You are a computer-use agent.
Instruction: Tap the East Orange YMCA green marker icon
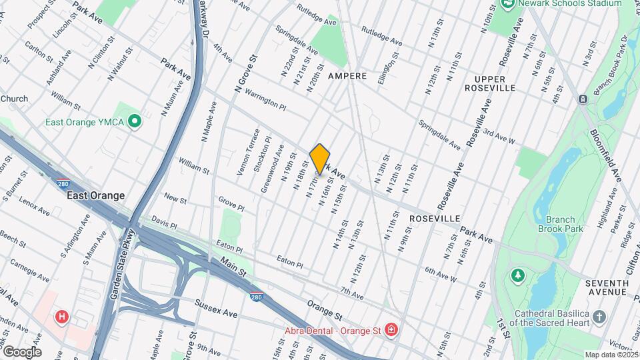[x=135, y=122]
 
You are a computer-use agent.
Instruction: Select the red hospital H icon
[x=63, y=317]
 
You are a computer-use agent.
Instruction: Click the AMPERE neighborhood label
[x=347, y=76]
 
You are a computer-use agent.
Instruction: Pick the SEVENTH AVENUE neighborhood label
[x=607, y=287]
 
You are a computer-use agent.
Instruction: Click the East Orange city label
[x=95, y=195]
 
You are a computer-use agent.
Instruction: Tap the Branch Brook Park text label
[x=565, y=224]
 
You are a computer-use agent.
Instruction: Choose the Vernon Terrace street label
[x=245, y=152]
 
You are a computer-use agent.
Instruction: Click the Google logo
[x=22, y=351]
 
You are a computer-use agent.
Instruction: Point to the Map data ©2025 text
[x=611, y=355]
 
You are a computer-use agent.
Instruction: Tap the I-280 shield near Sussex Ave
[x=257, y=297]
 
